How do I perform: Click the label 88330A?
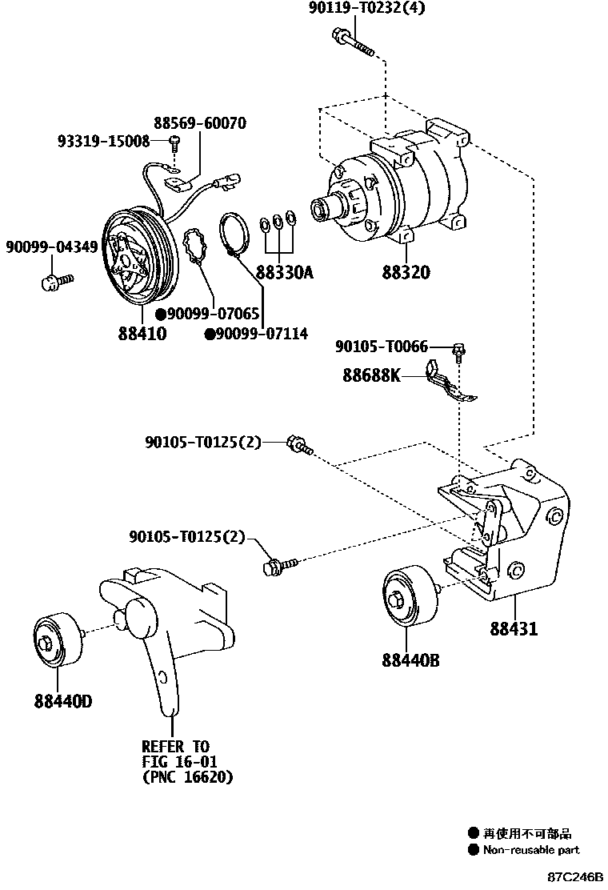click(285, 273)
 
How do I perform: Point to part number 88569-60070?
click(200, 123)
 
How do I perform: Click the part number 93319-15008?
click(104, 141)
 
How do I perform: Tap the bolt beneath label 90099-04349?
click(55, 281)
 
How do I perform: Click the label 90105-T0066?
click(382, 347)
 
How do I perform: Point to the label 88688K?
click(372, 375)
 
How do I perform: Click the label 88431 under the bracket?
click(514, 630)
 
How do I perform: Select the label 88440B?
click(410, 660)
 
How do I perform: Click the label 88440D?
click(63, 702)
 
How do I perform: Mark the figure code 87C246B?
click(575, 877)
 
